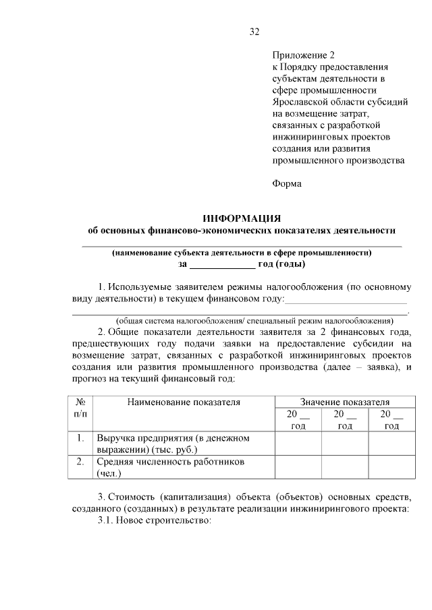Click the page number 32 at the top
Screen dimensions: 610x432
pos(254,32)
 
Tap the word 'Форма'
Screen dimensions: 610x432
pos(286,183)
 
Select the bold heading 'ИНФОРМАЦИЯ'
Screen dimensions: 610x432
pos(242,218)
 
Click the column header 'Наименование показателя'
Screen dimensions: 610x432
pos(183,402)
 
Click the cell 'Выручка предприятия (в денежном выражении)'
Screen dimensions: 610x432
pos(173,444)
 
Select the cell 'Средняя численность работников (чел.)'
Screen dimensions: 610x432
pos(169,467)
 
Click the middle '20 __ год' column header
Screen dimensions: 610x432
pos(344,419)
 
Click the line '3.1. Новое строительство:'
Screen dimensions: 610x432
pos(155,521)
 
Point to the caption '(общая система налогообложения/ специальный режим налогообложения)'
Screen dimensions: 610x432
pos(254,321)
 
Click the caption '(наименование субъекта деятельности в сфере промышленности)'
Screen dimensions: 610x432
pos(242,253)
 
